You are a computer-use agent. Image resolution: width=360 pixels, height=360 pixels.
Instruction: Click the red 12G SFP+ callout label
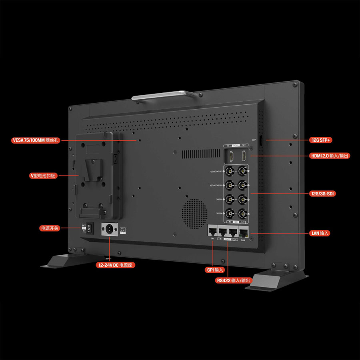pyautogui.click(x=322, y=140)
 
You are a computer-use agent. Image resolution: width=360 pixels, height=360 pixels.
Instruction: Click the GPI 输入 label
pyautogui.click(x=215, y=270)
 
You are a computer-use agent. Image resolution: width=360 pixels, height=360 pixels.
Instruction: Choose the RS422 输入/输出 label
pyautogui.click(x=234, y=280)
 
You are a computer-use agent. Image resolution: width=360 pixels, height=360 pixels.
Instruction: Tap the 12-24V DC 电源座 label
pyautogui.click(x=115, y=265)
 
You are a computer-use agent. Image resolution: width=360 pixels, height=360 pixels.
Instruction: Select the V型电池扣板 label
pyautogui.click(x=43, y=176)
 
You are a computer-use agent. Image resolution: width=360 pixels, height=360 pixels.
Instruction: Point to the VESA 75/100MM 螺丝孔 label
pyautogui.click(x=36, y=140)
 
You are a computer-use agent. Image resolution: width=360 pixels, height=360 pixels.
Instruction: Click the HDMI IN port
pyautogui.click(x=231, y=156)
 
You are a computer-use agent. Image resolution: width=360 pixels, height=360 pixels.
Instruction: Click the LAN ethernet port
pyautogui.click(x=243, y=231)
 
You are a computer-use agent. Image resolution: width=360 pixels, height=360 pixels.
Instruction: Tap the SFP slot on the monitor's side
pyautogui.click(x=260, y=141)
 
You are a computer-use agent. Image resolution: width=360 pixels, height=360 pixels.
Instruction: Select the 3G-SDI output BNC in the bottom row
pyautogui.click(x=242, y=213)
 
